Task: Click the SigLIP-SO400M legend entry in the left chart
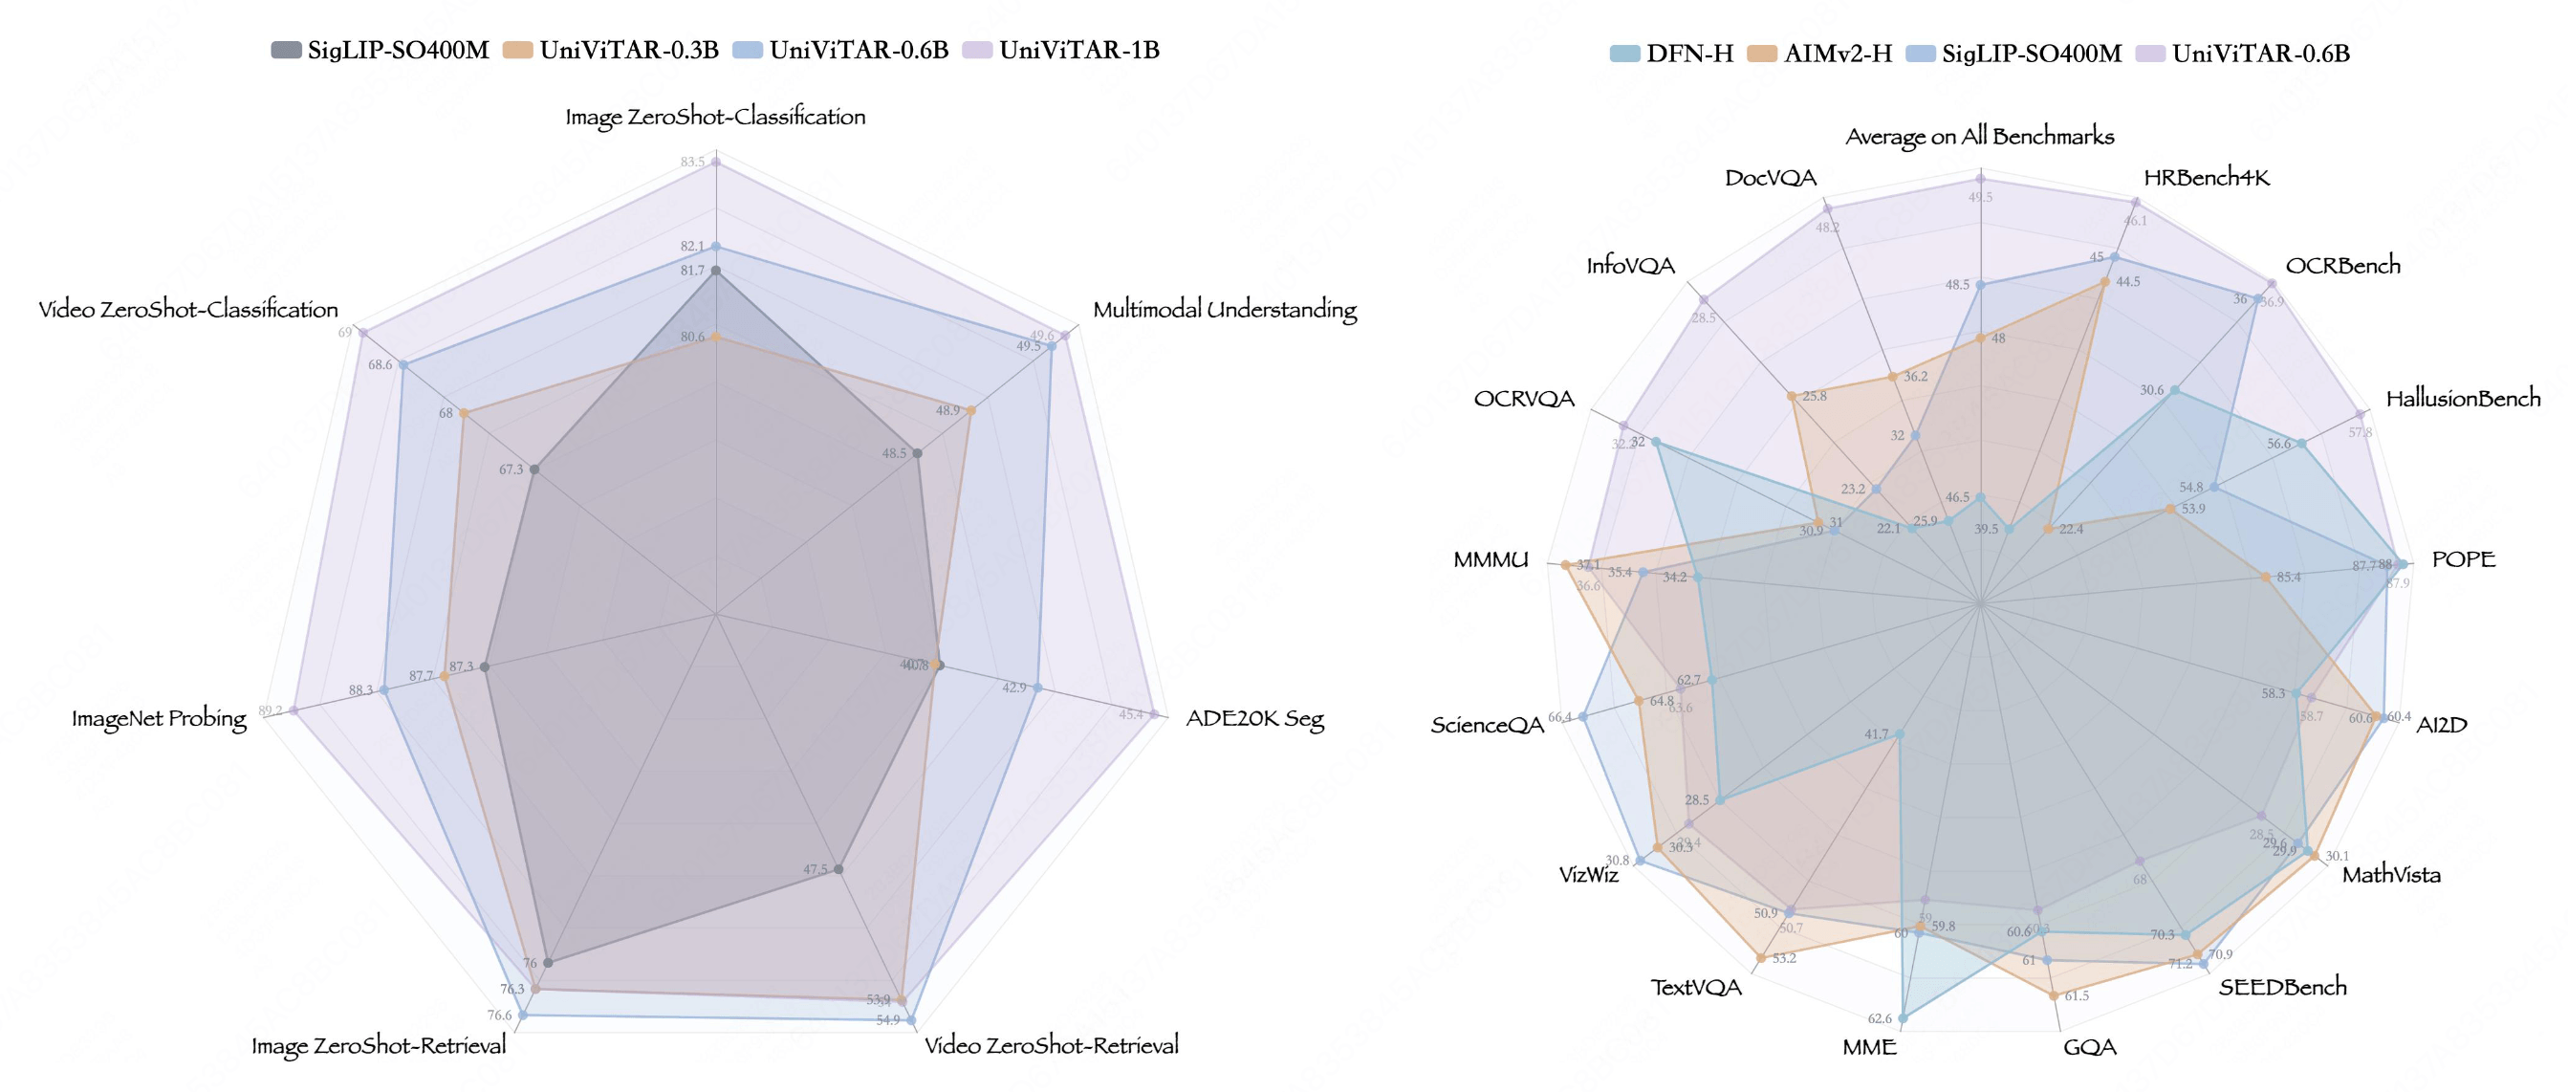coord(380,50)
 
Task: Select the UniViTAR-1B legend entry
coord(1061,50)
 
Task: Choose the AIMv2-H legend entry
coord(1819,54)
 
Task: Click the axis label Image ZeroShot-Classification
coord(715,117)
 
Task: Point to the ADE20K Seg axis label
coord(1254,719)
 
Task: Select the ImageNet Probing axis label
coord(159,719)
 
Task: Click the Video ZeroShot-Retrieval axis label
coord(1051,1045)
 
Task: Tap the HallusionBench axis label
coord(2462,399)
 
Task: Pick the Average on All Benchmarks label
coord(1979,137)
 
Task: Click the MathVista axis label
coord(2390,876)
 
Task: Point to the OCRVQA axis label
coord(1523,399)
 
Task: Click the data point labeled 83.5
coord(716,161)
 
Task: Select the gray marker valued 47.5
coord(838,869)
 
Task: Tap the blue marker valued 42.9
coord(1037,688)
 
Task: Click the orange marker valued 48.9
coord(971,411)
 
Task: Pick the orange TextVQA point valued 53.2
coord(1761,958)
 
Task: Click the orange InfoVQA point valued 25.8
coord(1792,397)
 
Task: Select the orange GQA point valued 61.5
coord(2054,995)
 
